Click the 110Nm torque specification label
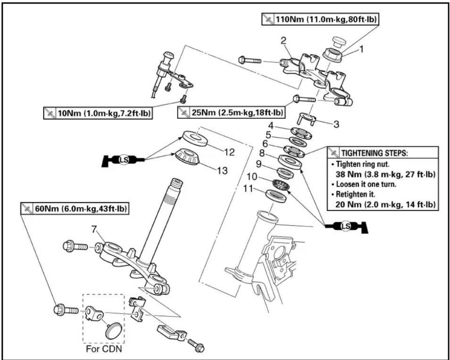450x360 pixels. (320, 19)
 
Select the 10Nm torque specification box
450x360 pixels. (98, 113)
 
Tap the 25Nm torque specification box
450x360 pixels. (231, 112)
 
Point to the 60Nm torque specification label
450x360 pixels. (75, 209)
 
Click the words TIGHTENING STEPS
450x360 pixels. (374, 153)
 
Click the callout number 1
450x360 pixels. (361, 49)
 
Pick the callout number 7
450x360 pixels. (94, 230)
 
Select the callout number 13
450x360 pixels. (222, 171)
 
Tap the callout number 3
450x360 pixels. (336, 124)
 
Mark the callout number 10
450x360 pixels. (252, 177)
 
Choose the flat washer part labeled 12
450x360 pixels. (195, 138)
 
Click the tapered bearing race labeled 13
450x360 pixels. (187, 157)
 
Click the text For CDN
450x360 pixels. (104, 349)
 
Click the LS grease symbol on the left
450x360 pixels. (124, 160)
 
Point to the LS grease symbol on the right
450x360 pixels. (345, 226)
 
